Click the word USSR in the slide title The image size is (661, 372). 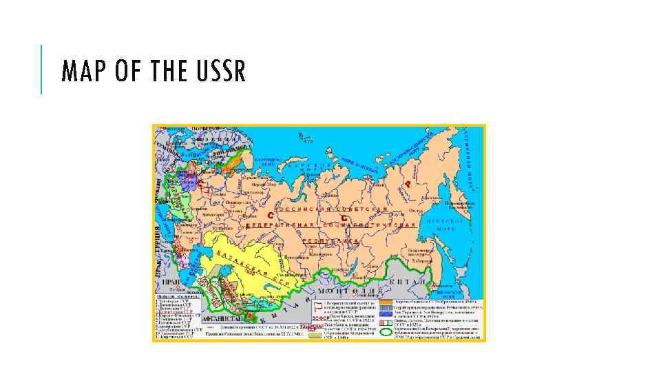220,71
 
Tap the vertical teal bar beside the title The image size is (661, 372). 41,70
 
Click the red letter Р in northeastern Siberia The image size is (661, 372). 408,184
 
